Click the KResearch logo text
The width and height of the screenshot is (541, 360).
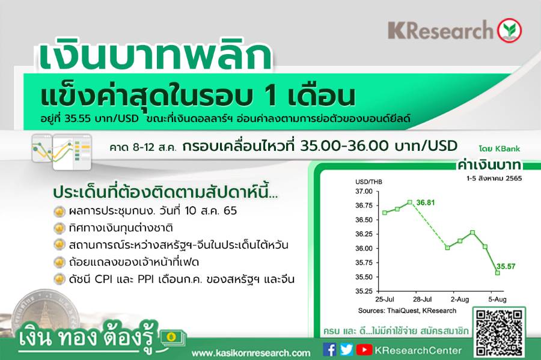coord(441,30)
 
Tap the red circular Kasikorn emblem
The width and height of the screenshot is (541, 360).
coord(509,30)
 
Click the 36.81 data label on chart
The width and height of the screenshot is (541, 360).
coord(426,203)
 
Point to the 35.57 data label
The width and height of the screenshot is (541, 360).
coord(506,266)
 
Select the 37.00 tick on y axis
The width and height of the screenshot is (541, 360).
coord(364,191)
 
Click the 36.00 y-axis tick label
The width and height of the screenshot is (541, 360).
coord(364,248)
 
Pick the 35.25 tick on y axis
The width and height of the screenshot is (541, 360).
coord(364,291)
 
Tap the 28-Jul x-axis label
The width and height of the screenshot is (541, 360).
coord(423,299)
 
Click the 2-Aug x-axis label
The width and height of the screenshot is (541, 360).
coord(460,299)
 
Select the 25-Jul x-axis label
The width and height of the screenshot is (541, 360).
coord(385,299)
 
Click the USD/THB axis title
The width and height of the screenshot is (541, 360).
coord(369,182)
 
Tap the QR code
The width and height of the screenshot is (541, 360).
coord(498,332)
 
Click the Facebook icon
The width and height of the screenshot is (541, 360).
coord(329,350)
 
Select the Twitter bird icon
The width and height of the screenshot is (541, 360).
coord(346,350)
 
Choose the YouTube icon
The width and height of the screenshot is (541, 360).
coord(364,350)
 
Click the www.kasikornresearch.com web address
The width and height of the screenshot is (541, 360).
coord(251,353)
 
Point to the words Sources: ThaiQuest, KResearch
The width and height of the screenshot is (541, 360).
coord(407,311)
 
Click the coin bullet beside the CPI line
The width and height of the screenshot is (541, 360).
coord(60,279)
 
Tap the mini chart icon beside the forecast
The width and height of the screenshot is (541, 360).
coord(62,151)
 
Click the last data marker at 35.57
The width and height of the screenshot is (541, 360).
coord(498,273)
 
